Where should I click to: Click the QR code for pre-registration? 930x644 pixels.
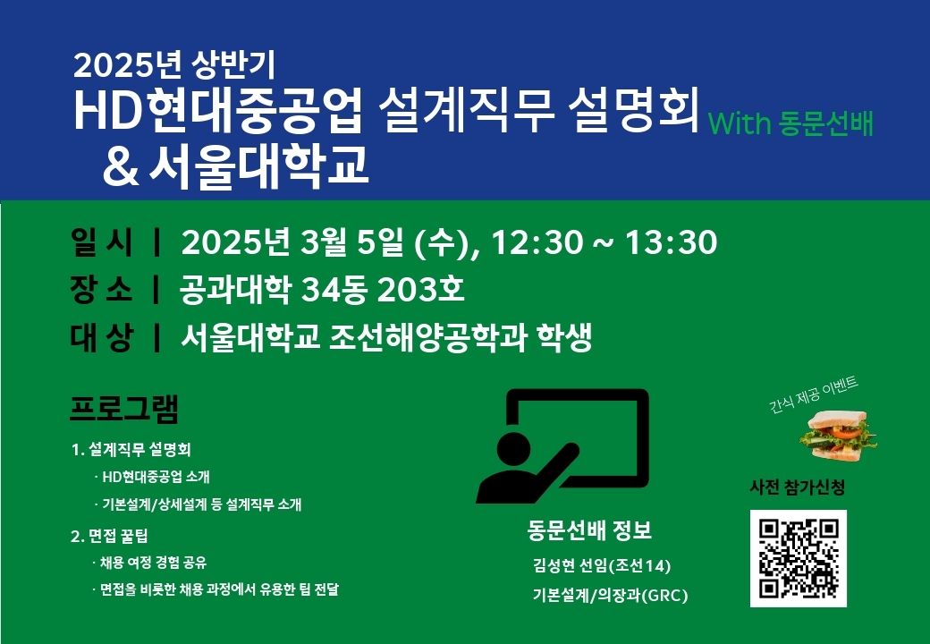tap(798, 558)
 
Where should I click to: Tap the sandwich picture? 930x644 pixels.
tap(838, 436)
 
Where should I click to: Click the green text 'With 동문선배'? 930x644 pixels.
tap(790, 123)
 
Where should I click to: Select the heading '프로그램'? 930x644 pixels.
tap(124, 408)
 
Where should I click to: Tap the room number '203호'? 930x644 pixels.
tap(420, 290)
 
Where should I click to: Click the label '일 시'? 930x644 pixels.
tap(101, 241)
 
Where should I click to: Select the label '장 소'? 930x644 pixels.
tap(101, 290)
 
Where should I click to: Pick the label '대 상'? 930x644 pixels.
tap(101, 337)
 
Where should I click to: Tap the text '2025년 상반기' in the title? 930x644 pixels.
tap(174, 64)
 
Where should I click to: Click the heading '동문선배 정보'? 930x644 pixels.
tap(589, 530)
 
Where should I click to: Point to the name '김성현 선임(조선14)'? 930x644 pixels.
tap(602, 565)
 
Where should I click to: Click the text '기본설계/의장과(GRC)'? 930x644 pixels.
tap(610, 595)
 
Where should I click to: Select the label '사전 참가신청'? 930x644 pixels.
tap(797, 487)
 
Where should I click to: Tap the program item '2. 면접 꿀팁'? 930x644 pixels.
tap(109, 536)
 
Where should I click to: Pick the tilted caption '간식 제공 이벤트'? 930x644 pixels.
tap(814, 394)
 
